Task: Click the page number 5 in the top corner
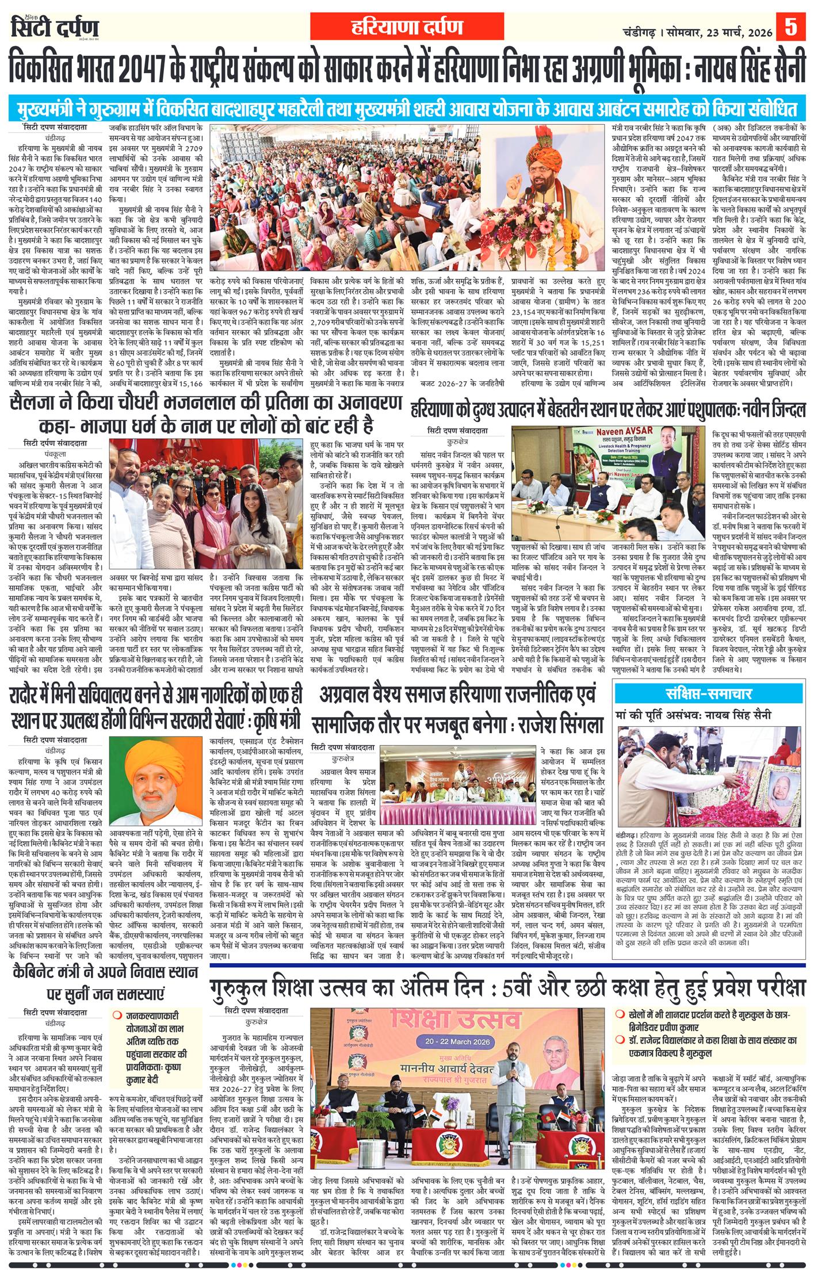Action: (792, 28)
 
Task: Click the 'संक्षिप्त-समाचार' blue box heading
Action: (712, 693)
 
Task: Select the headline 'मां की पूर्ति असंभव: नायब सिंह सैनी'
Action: (693, 715)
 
